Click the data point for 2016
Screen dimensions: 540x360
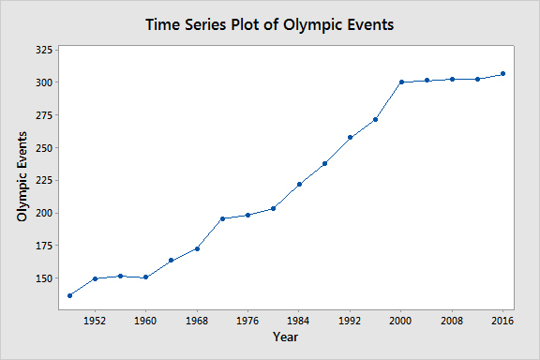pos(502,74)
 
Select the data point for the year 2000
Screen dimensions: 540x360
pos(401,82)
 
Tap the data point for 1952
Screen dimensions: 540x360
pos(96,278)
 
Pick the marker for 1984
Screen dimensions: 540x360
pos(299,185)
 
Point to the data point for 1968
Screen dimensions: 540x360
pos(197,248)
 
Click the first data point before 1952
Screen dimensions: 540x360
pos(70,295)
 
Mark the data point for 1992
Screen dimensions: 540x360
pos(351,138)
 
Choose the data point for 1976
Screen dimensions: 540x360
pos(247,216)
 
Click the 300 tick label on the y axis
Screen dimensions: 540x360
pos(44,82)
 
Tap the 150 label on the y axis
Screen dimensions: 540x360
pos(44,278)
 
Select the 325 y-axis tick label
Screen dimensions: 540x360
pos(44,50)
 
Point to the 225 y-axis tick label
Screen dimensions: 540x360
pos(44,181)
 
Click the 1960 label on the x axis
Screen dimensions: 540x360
pos(145,321)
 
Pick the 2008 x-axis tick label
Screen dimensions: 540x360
pos(452,321)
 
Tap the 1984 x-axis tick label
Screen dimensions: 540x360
pos(298,321)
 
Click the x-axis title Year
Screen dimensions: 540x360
pos(286,337)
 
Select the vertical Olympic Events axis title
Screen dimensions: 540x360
pos(22,177)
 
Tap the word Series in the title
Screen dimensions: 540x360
pos(205,24)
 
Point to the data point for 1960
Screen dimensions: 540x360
pos(145,277)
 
